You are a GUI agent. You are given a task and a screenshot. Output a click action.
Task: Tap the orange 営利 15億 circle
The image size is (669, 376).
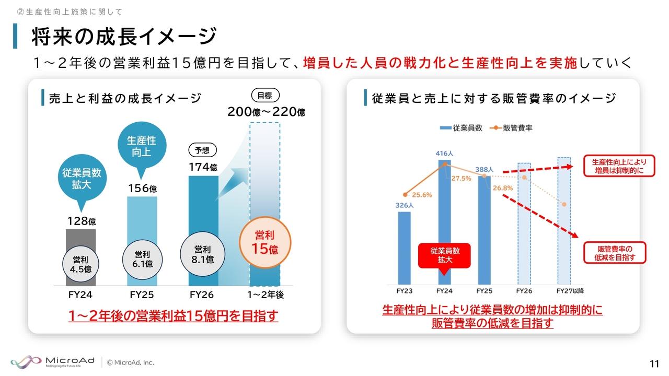tap(264, 243)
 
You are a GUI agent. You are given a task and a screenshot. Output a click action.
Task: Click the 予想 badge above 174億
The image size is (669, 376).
tap(202, 150)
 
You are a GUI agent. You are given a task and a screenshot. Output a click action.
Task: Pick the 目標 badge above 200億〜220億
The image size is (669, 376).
tap(265, 95)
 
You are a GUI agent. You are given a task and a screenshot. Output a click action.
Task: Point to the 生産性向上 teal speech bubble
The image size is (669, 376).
tap(141, 147)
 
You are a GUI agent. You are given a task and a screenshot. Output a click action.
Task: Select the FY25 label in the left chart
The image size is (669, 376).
tap(142, 295)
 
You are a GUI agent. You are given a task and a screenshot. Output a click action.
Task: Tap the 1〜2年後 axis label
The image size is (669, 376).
tap(265, 295)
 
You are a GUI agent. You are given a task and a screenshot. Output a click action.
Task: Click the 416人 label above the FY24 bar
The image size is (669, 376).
tap(444, 154)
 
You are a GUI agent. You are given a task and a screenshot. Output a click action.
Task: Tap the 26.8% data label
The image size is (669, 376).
tap(502, 188)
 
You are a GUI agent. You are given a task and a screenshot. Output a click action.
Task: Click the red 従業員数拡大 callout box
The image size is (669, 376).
tap(444, 255)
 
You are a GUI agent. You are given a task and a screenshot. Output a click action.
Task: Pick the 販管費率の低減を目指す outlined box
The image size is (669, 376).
tap(615, 253)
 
